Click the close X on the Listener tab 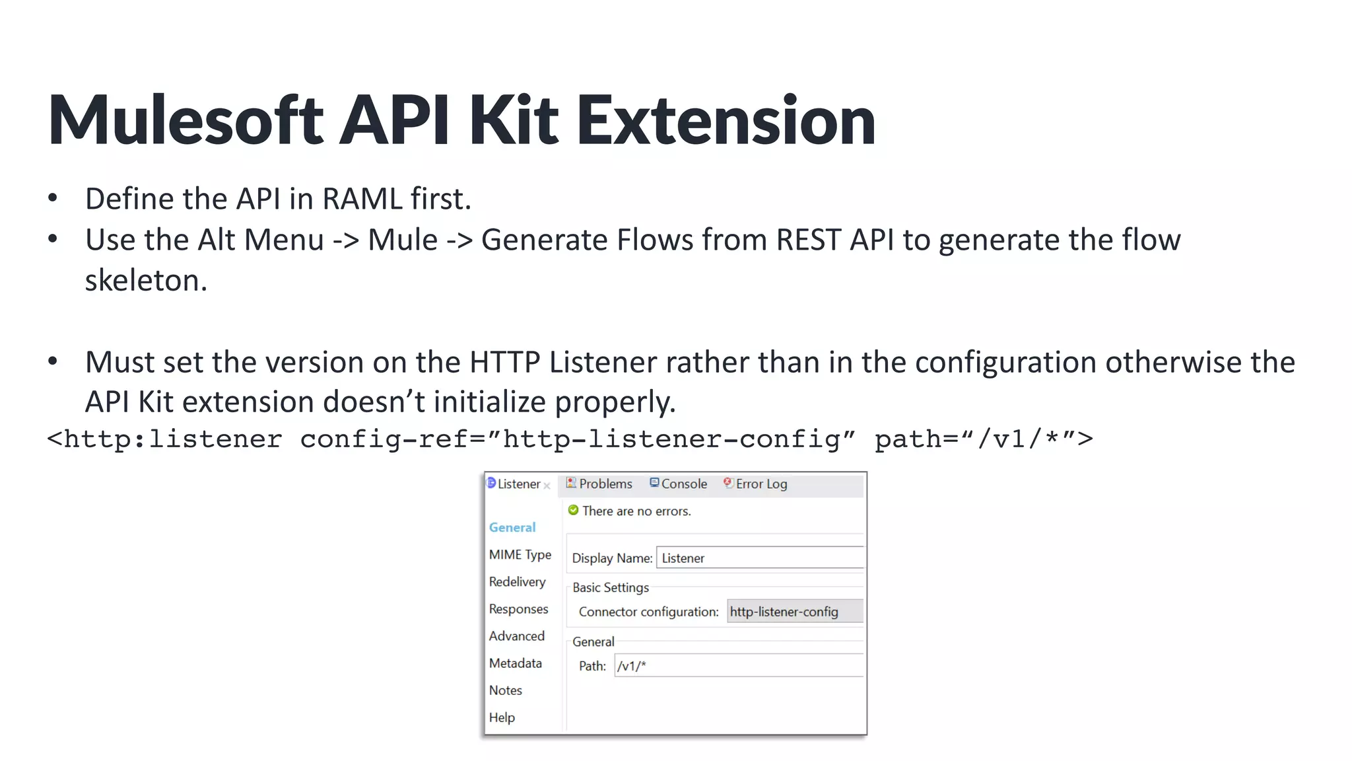547,486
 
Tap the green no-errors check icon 573,511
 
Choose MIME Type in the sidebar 520,555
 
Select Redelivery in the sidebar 517,582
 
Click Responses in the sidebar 518,609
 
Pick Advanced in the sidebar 516,636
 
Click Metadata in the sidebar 515,663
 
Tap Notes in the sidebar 505,690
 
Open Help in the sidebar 502,717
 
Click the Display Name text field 759,558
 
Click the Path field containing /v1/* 738,666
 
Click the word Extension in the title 726,120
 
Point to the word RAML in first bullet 362,199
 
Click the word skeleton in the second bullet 146,281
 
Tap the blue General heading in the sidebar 512,528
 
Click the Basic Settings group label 610,588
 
